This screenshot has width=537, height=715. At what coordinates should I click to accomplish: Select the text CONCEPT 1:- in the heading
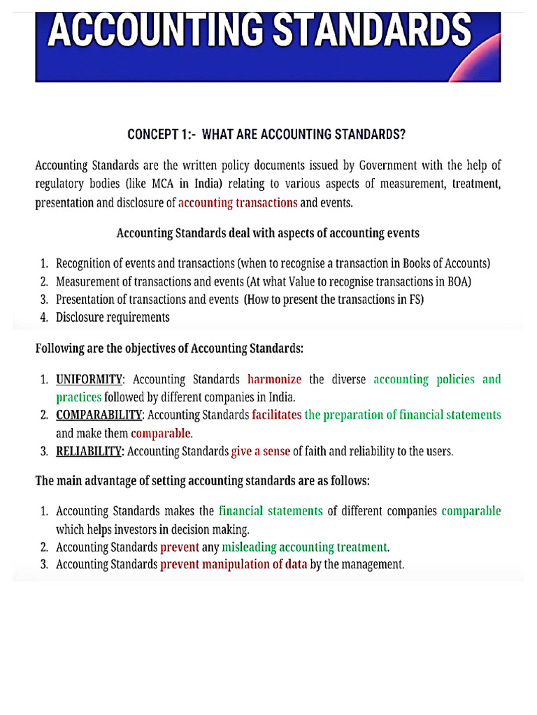point(160,135)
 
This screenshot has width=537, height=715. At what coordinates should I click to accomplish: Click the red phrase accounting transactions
point(238,202)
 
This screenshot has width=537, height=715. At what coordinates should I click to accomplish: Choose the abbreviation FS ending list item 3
point(417,299)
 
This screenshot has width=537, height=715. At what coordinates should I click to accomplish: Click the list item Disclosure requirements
point(113,317)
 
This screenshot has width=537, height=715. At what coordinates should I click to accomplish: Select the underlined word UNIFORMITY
point(89,379)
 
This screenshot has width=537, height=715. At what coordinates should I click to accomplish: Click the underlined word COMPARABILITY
point(99,415)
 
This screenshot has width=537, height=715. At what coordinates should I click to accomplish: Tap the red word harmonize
point(274,379)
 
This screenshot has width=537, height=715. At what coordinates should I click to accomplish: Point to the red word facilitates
point(276,415)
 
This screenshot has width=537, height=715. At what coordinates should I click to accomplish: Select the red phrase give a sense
point(260,451)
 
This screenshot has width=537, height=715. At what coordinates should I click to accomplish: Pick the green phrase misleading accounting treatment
point(304,547)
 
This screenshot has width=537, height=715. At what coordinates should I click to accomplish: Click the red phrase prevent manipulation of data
point(234,565)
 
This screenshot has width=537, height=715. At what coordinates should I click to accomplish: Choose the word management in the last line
point(373,565)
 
